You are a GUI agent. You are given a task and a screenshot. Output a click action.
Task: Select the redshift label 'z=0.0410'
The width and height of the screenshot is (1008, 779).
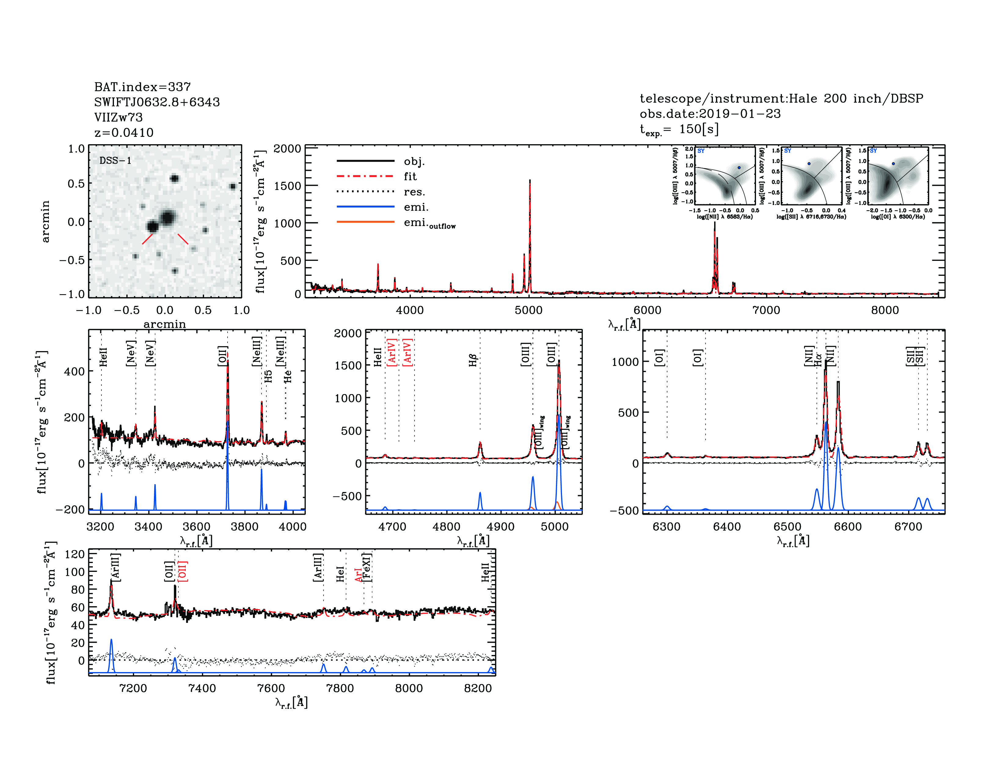(x=124, y=133)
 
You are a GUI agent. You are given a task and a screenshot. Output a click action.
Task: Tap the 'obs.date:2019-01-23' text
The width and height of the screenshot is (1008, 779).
(x=710, y=114)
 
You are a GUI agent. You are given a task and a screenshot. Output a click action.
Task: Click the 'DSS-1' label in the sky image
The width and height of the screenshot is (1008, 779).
(x=115, y=161)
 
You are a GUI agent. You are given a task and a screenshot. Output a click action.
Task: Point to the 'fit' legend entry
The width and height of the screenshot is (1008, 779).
(x=410, y=176)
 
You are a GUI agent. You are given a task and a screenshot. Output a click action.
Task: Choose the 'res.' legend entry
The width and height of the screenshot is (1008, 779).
(x=414, y=192)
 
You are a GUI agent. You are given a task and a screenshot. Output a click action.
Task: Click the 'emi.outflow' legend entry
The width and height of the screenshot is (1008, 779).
(x=429, y=223)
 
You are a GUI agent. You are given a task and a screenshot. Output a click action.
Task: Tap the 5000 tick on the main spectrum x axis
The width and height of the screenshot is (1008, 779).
(x=528, y=310)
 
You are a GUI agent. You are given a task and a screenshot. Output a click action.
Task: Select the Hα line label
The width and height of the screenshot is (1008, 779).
(x=818, y=360)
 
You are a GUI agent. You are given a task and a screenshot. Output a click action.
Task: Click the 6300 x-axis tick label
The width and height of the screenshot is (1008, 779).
(x=667, y=527)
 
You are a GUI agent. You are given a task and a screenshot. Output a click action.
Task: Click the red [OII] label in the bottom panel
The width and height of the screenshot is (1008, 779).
(x=183, y=571)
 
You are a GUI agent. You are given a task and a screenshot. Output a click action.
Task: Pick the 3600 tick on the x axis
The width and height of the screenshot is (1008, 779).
(x=197, y=527)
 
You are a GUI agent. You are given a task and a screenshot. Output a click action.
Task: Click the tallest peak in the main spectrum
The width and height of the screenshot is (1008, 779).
(x=530, y=181)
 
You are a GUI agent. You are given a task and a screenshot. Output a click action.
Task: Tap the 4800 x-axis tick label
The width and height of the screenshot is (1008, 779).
(x=446, y=527)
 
